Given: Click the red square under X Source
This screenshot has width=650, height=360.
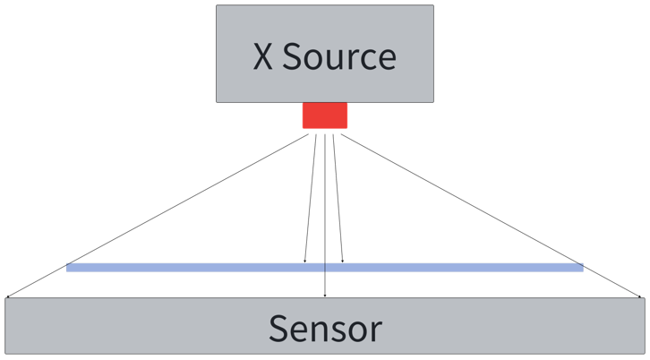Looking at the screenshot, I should [324, 116].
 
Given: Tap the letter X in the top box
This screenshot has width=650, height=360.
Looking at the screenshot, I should [262, 57].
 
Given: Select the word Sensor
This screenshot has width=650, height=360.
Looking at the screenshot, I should [325, 329].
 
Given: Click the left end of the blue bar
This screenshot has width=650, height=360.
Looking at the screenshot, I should [68, 267].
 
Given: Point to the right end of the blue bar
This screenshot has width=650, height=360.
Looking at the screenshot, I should [582, 267].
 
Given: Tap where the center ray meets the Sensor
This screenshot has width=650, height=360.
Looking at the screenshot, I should [324, 295].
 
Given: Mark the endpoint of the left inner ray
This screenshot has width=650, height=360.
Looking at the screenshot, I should [304, 262].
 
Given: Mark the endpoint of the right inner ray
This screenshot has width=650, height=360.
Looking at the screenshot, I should [342, 262].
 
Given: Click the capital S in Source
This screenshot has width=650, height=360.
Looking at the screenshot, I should [295, 57].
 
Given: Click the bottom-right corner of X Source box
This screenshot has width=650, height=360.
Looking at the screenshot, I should [434, 101].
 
